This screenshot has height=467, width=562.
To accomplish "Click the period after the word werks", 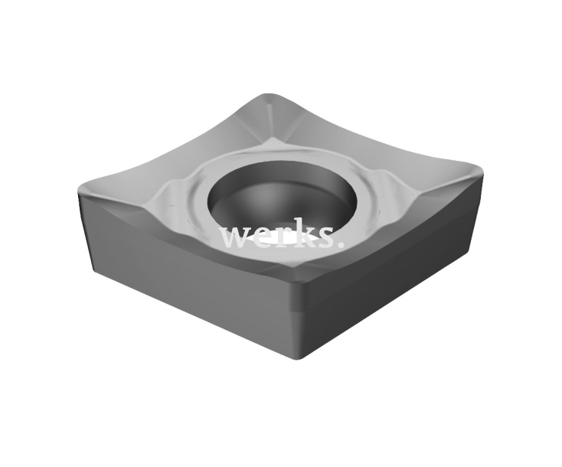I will [x=338, y=244].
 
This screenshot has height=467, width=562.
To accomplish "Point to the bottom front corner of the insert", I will [x=305, y=356].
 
